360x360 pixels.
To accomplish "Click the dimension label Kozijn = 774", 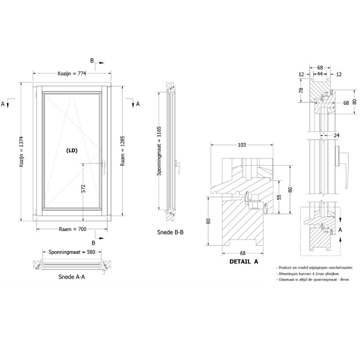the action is (72, 74).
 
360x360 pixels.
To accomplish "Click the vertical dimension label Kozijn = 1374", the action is (22, 152).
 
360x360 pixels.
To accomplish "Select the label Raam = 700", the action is (73, 229).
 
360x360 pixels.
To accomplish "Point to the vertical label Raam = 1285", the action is (122, 151).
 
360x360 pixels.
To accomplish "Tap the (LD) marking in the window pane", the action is (72, 151).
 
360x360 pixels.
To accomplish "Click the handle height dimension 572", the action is (83, 188).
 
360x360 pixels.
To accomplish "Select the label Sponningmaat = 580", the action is (72, 252).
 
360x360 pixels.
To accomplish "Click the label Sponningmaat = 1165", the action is (159, 151).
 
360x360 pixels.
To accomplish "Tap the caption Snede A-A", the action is (71, 277).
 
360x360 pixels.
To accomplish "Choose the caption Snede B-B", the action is (170, 232).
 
